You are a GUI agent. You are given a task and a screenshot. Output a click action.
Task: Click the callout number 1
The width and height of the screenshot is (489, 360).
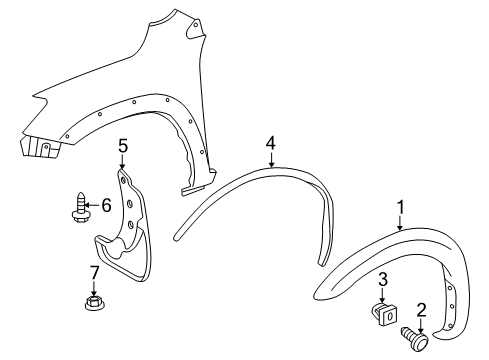click(401, 208)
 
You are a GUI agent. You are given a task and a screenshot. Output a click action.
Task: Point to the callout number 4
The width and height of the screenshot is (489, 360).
click(270, 143)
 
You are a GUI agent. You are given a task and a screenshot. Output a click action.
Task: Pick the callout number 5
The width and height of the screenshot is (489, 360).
click(123, 146)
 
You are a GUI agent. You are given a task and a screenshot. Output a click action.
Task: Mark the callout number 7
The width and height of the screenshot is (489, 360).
click(94, 272)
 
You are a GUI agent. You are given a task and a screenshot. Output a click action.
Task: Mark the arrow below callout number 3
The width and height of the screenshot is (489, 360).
click(382, 291)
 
